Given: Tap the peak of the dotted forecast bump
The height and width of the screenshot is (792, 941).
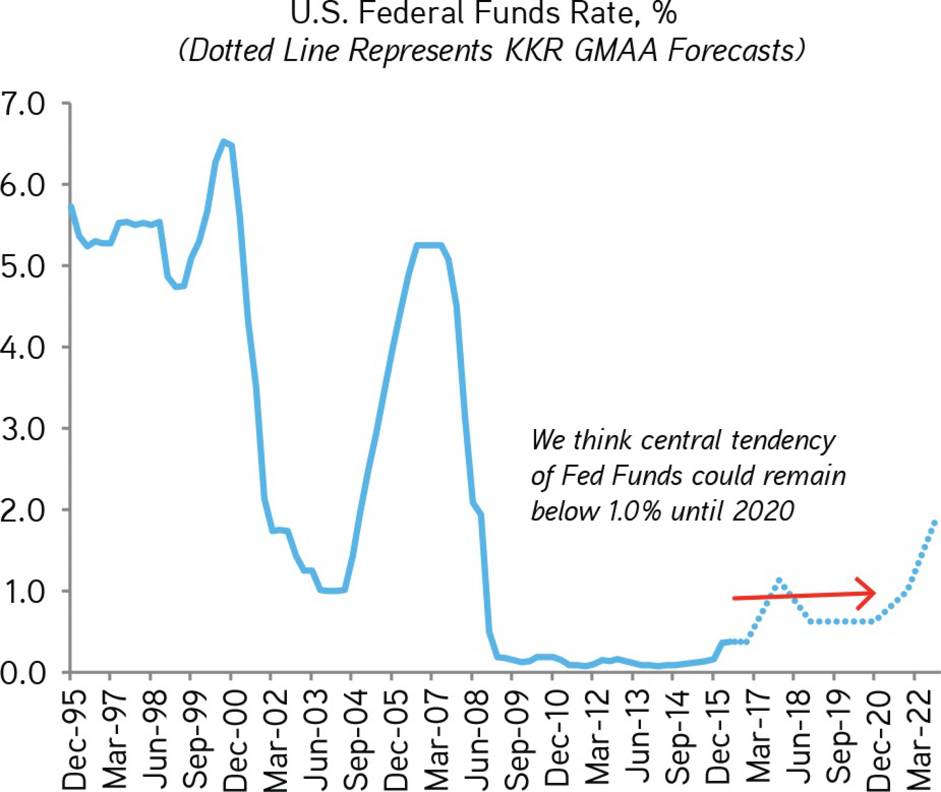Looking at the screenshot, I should point(779,580).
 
